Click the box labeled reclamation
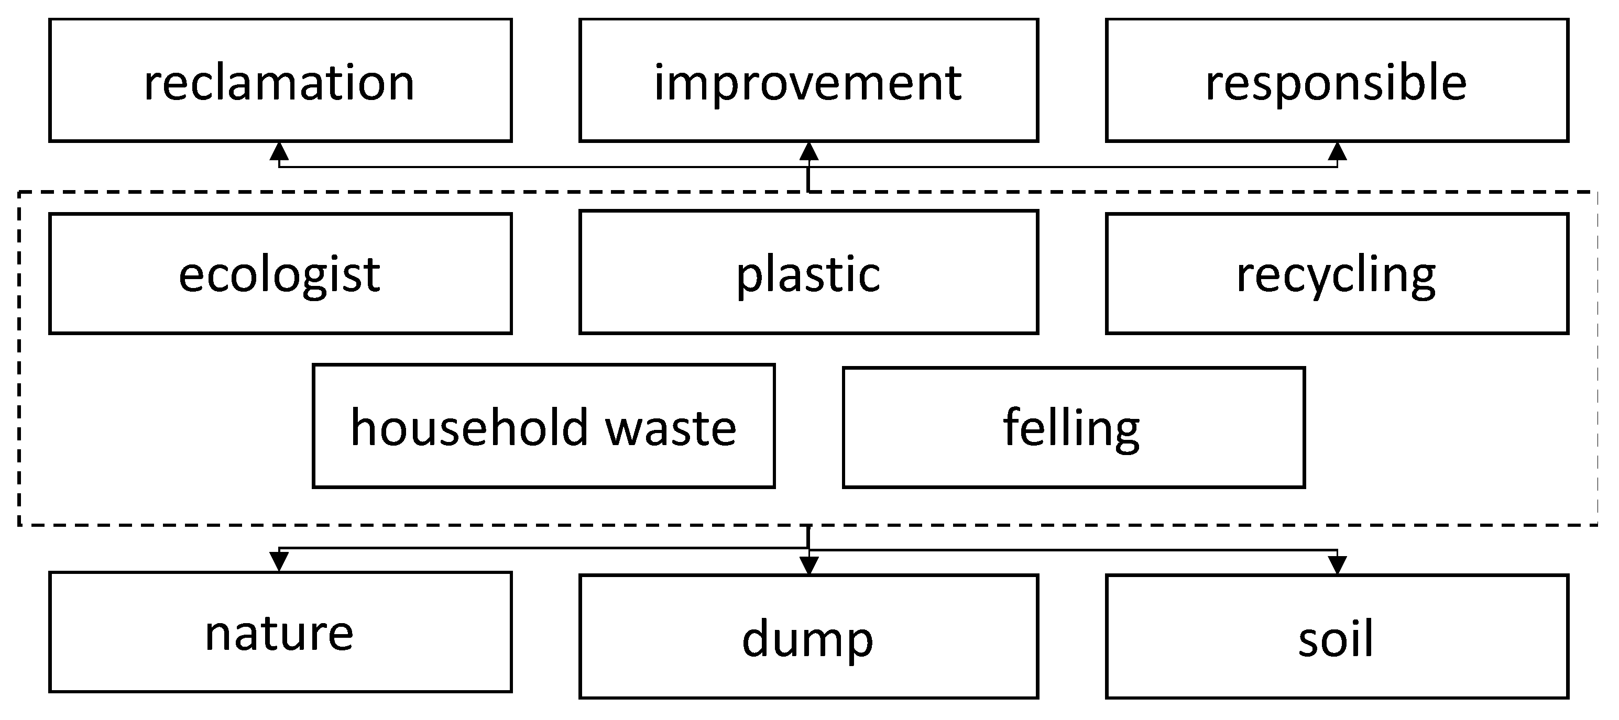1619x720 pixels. point(280,81)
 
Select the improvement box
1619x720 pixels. point(808,81)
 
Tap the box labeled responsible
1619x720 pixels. point(1337,81)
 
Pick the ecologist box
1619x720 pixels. point(280,273)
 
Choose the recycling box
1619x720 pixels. point(1337,273)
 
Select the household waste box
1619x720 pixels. point(544,426)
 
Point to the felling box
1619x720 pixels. point(1074,427)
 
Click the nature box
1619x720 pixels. point(280,632)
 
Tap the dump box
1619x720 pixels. point(808,636)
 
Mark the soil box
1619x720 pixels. point(1337,636)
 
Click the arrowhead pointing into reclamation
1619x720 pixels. point(279,151)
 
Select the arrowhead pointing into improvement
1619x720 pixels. point(809,151)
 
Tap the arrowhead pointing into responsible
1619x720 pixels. point(1337,151)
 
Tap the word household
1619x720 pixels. point(469,427)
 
